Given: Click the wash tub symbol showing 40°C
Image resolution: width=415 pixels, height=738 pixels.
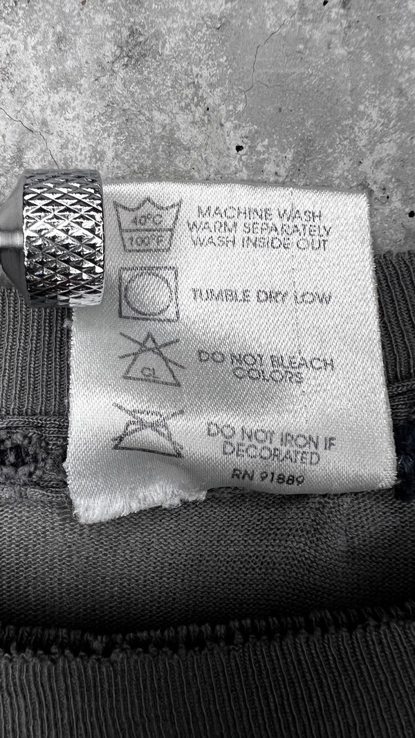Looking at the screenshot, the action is [x=147, y=225].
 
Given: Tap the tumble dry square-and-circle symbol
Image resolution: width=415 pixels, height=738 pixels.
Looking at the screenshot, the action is [x=149, y=293].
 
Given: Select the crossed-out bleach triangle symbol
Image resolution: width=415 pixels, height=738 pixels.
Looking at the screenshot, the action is [x=151, y=359].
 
